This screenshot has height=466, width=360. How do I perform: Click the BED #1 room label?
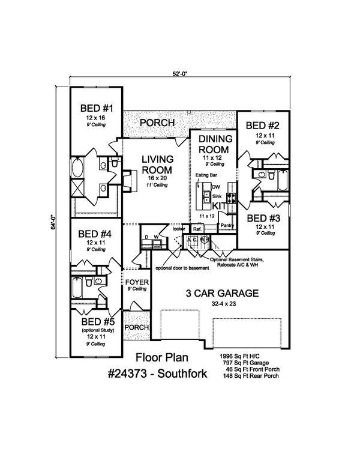[97, 109]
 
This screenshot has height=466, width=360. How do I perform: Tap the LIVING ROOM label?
[158, 165]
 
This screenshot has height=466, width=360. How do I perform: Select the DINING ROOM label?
[214, 144]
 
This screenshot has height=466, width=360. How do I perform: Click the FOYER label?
[136, 282]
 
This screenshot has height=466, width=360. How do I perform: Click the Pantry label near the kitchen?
[226, 225]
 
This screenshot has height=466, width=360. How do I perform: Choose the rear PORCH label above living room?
[157, 123]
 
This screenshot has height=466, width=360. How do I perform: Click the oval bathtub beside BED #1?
[79, 168]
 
